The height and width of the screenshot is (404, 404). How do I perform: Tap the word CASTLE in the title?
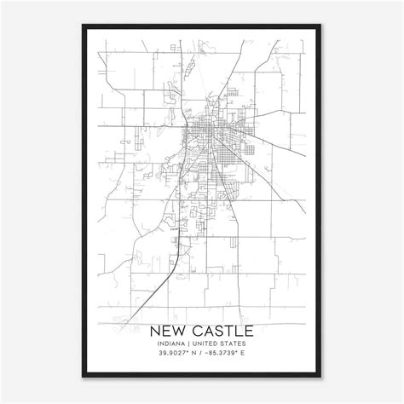tap(220, 329)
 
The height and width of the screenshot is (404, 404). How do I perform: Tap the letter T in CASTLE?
tap(232, 329)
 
